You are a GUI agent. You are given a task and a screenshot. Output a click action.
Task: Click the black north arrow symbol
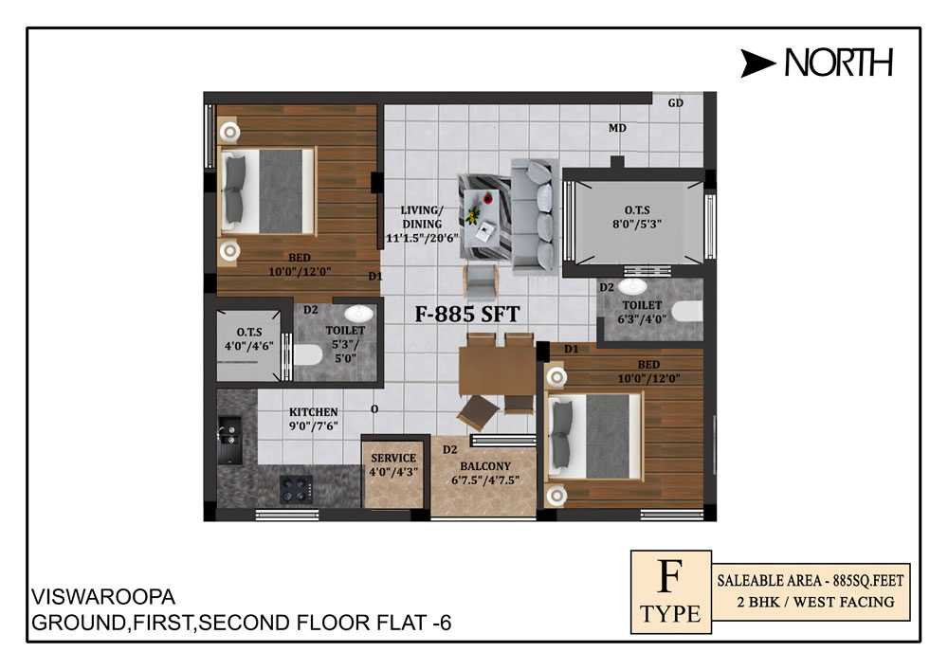(x=757, y=63)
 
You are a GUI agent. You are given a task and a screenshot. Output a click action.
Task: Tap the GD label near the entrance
(x=675, y=103)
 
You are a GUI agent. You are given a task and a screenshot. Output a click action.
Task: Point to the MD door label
(x=617, y=128)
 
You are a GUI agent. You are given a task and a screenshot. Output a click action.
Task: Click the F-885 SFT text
(x=466, y=315)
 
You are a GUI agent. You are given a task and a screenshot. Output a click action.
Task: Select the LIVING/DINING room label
(x=422, y=225)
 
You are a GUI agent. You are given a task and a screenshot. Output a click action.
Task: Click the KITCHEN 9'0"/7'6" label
(x=313, y=419)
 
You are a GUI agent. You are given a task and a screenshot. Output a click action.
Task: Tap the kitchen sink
(x=229, y=438)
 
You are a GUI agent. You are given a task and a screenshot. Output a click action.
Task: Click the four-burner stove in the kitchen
(x=296, y=489)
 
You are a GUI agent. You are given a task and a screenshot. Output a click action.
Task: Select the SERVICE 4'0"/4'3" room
(x=393, y=470)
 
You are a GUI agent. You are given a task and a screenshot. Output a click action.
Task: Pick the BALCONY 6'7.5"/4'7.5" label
(x=485, y=473)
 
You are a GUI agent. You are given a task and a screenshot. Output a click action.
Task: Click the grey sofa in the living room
(x=535, y=215)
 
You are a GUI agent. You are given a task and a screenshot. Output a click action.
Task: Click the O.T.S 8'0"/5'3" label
(x=637, y=217)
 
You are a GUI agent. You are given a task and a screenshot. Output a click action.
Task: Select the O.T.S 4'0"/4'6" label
(x=249, y=339)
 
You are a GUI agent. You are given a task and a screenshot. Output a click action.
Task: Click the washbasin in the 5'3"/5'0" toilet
(x=359, y=313)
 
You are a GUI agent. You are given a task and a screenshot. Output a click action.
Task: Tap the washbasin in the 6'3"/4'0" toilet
(x=632, y=286)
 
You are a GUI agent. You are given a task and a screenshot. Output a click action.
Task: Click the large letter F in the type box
(x=670, y=576)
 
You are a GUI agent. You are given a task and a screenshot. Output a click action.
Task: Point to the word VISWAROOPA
(x=103, y=597)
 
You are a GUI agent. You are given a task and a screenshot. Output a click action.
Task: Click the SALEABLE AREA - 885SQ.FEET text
(x=811, y=581)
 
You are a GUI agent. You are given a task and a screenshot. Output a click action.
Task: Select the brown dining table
(x=497, y=371)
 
